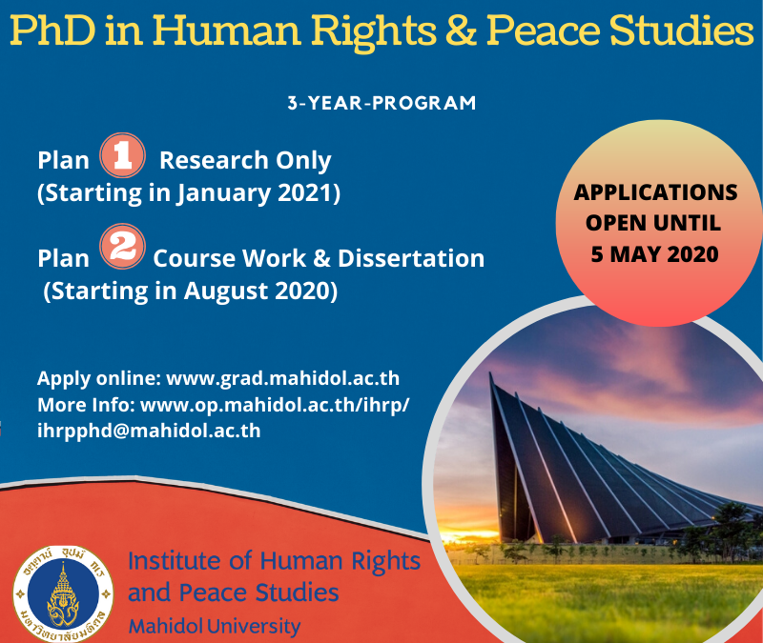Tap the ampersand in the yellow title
coord(462,30)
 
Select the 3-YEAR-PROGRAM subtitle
coord(382,103)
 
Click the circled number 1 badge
coord(122,155)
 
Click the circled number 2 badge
coord(122,247)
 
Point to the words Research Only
coord(245,160)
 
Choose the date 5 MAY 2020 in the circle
coord(655,254)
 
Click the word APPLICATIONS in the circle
coord(655,192)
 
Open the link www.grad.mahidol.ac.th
coord(282,378)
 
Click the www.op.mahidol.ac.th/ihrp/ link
coord(275,405)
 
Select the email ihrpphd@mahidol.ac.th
coord(149,431)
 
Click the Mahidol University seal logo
coord(63,593)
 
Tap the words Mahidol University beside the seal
coord(214,626)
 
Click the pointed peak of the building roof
coord(490,374)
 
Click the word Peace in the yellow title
coord(543,30)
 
